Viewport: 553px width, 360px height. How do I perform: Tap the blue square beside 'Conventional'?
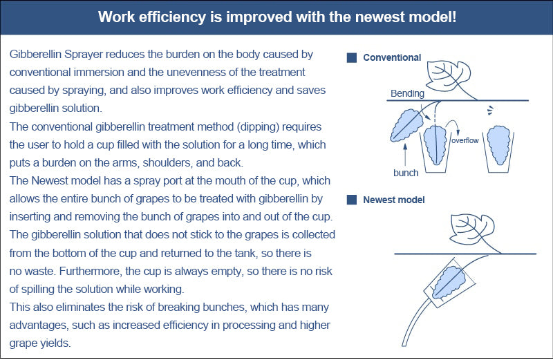352,58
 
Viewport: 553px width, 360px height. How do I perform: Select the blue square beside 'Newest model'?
352,200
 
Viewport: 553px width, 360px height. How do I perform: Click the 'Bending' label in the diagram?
407,93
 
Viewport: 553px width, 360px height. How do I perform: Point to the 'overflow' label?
465,140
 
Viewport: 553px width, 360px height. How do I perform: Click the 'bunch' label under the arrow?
406,173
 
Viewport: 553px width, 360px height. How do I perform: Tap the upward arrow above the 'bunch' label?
405,154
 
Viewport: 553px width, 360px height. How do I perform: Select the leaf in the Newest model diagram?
472,229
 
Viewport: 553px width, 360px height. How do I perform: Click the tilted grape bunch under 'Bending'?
406,125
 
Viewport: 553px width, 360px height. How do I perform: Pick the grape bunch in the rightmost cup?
498,145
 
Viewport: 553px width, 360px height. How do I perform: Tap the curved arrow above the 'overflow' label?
452,126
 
